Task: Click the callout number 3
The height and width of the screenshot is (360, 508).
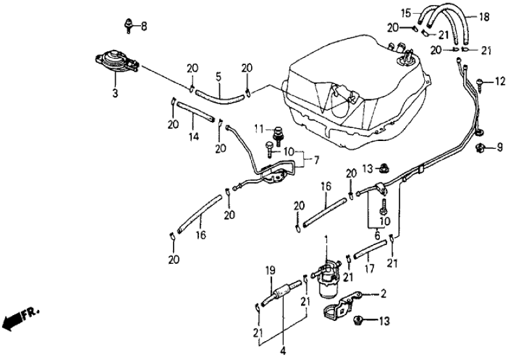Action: coord(115,94)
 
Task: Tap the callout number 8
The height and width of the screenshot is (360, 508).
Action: coord(144,27)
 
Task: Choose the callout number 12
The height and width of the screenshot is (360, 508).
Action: coord(500,81)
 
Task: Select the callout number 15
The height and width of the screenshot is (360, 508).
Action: coord(406,12)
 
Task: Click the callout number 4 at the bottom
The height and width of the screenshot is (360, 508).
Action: coord(282,351)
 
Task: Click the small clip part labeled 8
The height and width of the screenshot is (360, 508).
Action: coord(129,26)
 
